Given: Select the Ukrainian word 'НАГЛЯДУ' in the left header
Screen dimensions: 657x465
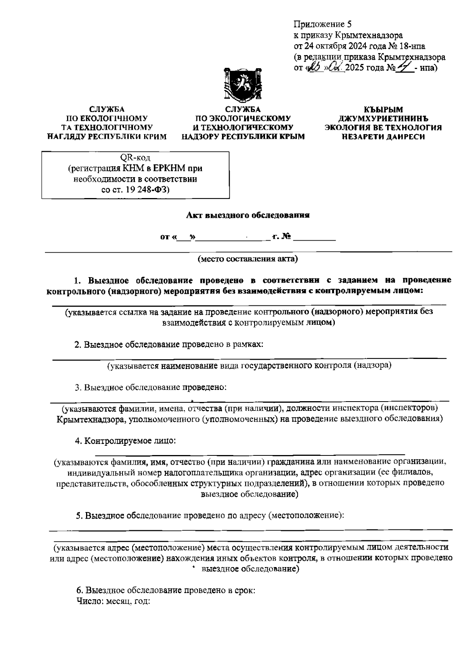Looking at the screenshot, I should click(67, 136).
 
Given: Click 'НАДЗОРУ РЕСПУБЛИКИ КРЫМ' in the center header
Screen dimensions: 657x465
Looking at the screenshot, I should click(243, 136).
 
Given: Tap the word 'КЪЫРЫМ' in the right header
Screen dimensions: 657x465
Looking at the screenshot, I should click(383, 110).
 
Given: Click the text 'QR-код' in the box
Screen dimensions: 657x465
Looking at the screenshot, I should click(135, 158).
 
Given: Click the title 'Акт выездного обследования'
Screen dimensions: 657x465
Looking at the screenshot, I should click(248, 215).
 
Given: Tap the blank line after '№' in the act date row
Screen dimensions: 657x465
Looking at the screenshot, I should click(314, 240).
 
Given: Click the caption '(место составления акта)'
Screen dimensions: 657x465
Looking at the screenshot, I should click(248, 259).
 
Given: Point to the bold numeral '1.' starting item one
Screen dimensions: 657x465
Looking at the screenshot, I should click(78, 280).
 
